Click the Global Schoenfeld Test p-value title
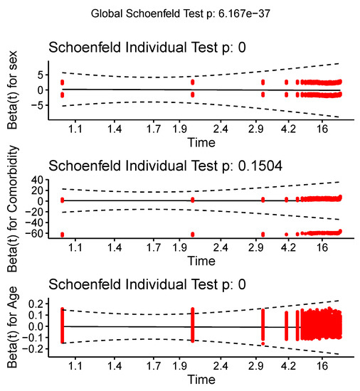(180, 14)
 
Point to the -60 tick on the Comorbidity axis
(37, 233)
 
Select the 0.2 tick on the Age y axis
(37, 303)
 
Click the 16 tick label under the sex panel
(322, 130)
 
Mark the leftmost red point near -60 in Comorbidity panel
(63, 234)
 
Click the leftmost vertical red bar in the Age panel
(63, 326)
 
